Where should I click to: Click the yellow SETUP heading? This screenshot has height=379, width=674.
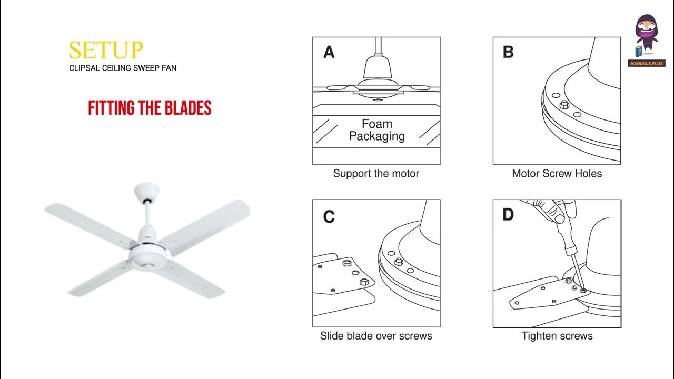106,49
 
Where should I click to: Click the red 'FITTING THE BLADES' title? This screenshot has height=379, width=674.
150,108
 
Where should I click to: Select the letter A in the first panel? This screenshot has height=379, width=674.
329,53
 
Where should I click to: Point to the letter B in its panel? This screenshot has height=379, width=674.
508,53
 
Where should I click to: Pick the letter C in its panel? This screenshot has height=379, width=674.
329,217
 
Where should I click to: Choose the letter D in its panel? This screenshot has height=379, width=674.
508,215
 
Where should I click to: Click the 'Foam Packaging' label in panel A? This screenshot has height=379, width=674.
376,130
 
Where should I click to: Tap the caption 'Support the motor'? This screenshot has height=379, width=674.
376,173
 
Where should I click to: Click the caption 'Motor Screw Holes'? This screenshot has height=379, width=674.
557,173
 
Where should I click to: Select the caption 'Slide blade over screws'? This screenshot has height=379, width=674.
376,336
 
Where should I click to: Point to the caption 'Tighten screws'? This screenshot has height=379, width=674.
557,336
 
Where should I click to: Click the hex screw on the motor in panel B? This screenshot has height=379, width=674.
564,105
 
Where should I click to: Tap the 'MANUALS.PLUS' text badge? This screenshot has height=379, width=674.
647,64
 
